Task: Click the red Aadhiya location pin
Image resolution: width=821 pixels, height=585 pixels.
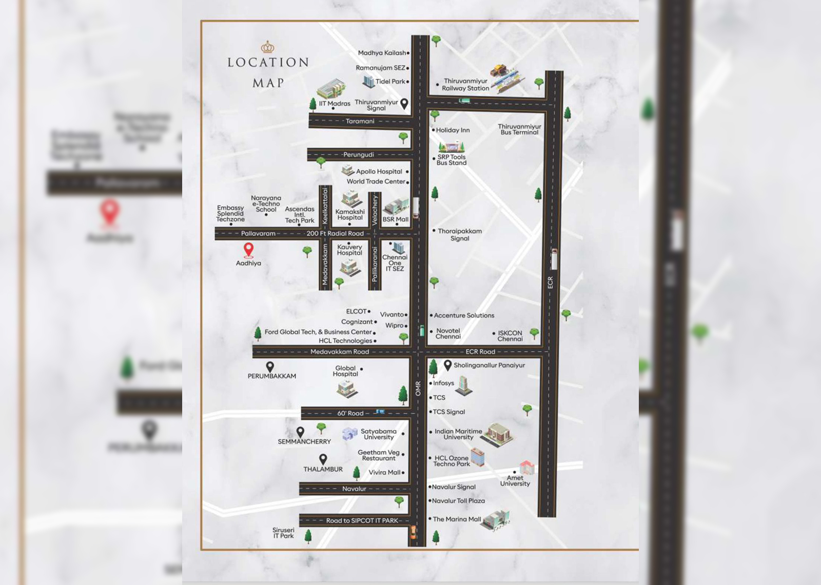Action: point(248,250)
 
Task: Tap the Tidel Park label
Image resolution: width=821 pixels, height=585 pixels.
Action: point(390,82)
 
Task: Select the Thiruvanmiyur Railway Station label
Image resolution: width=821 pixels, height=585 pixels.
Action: point(465,85)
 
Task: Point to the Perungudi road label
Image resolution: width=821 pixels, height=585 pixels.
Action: point(359,154)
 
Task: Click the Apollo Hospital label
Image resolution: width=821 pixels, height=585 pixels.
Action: point(379,172)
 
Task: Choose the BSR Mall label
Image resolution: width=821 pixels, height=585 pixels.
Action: point(395,219)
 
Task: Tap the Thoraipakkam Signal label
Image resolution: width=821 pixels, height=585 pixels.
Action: point(460,235)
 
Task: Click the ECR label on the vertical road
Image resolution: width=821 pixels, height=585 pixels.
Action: point(550,283)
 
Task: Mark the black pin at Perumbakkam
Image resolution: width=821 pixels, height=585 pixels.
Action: point(270,367)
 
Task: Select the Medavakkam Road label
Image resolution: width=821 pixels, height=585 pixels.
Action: point(339,352)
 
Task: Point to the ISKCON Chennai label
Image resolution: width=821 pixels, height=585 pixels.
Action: point(510,336)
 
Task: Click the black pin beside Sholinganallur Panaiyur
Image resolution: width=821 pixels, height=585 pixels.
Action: point(447,365)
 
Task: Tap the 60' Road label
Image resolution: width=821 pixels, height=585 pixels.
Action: point(350,413)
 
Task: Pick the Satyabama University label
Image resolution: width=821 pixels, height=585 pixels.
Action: point(379,434)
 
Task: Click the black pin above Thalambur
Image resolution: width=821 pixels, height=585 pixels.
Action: point(323,458)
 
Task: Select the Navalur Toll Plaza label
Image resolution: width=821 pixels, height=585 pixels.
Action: point(458,501)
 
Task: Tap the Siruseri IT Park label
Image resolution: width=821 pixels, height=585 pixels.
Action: point(283,533)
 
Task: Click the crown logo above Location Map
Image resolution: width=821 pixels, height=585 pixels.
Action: point(268,48)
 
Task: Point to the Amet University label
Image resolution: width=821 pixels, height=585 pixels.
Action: point(515,481)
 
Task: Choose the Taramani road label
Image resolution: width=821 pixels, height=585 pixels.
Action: point(360,122)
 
